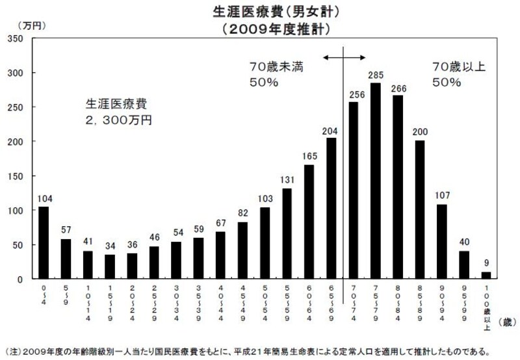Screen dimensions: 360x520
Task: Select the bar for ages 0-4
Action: tap(44, 242)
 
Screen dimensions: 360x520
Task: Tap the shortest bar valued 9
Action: tap(486, 276)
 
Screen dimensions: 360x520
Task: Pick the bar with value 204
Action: tap(331, 208)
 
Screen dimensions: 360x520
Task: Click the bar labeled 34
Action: tap(110, 266)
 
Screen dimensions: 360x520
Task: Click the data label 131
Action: tap(287, 181)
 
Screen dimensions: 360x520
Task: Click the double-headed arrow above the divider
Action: tap(343, 58)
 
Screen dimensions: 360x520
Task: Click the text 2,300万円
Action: tap(120, 120)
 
